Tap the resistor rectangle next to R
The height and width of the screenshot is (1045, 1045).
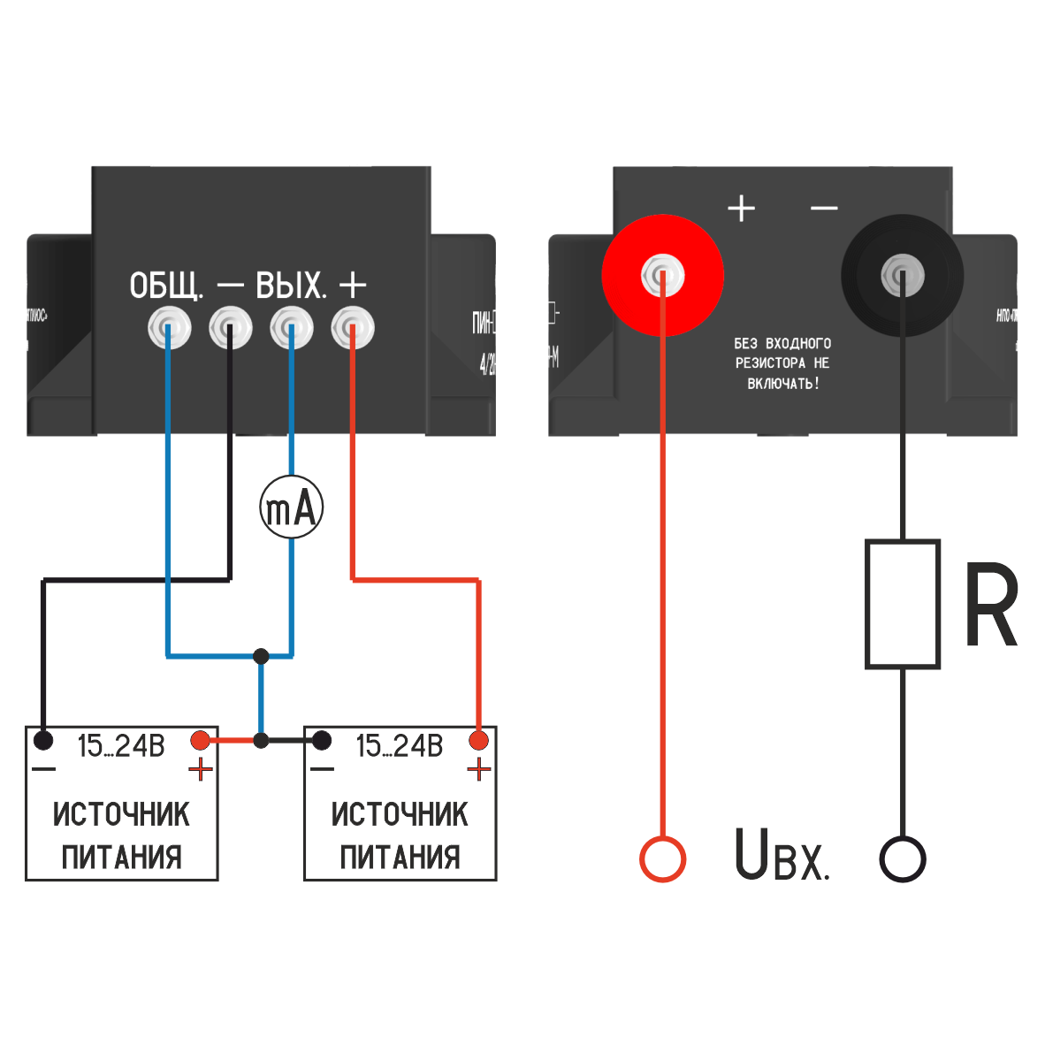point(902,603)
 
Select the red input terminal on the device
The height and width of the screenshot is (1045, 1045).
point(662,275)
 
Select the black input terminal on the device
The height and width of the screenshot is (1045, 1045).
point(902,275)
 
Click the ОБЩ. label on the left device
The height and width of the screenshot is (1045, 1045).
point(166,286)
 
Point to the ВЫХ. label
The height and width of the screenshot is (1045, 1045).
point(291,286)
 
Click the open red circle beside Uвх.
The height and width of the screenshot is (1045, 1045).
point(662,858)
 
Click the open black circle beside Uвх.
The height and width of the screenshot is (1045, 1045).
point(902,858)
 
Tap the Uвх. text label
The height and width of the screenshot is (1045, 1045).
point(782,855)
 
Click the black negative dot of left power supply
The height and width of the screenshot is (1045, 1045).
point(42,739)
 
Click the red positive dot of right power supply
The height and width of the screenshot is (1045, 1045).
point(479,739)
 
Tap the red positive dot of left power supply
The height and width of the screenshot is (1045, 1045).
point(201,739)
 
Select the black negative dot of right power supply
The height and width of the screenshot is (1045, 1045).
point(322,739)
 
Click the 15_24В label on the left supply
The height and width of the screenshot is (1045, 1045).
point(121,746)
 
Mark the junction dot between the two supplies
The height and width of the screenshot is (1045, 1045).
point(261,740)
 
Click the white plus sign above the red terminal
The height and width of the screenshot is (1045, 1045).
point(741,208)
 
